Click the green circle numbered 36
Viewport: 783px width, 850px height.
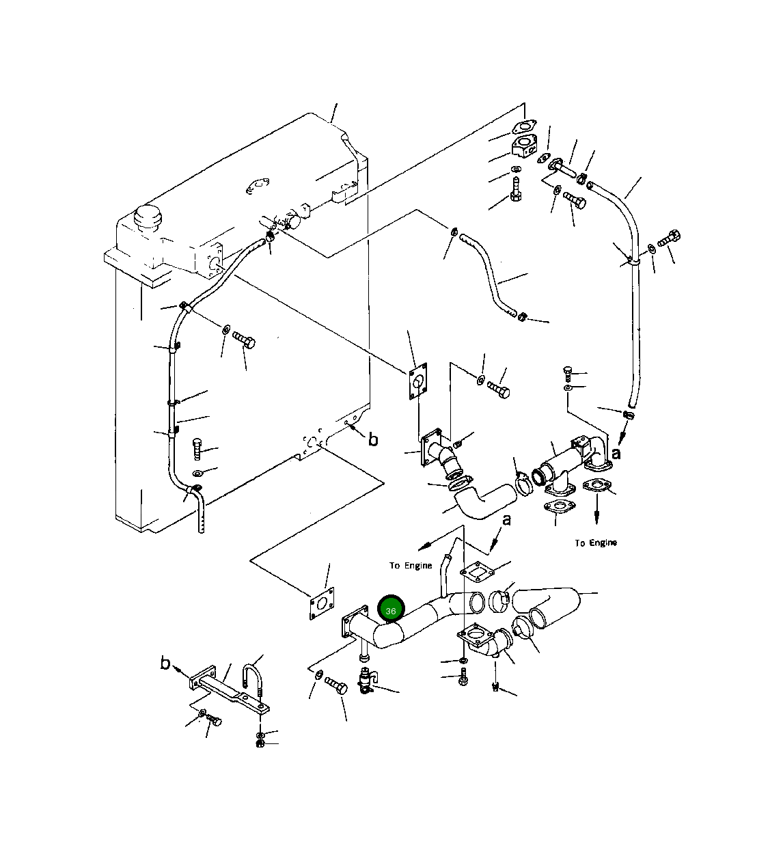[x=391, y=611]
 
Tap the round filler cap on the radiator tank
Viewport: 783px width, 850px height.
[x=148, y=218]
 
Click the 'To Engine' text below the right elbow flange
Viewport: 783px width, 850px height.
[x=596, y=543]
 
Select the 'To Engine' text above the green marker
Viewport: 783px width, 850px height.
[x=411, y=566]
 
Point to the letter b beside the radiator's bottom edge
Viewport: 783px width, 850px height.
[x=373, y=439]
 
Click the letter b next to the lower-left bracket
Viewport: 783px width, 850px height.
[x=165, y=663]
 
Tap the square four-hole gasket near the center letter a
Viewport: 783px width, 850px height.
[x=477, y=573]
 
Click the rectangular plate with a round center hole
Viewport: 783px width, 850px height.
[x=417, y=381]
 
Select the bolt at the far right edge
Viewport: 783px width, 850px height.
[x=669, y=238]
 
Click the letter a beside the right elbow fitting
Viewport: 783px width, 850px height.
[x=616, y=454]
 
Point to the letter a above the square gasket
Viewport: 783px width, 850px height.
[x=506, y=519]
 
